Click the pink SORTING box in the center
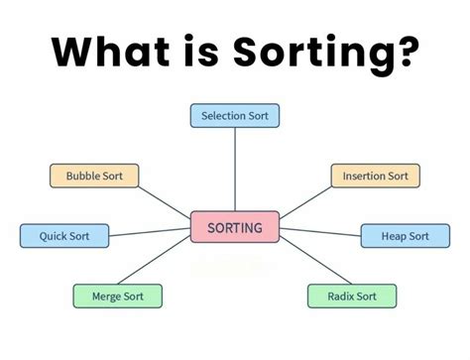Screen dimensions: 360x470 (x=235, y=228)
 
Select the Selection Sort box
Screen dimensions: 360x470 (x=235, y=116)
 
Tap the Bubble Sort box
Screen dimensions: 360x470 (x=94, y=177)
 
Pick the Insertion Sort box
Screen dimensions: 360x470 (x=375, y=177)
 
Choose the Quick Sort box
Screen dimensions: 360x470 (x=65, y=236)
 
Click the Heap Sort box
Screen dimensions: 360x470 (x=405, y=236)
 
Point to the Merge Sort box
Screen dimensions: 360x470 (x=117, y=296)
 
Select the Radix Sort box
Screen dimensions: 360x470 (x=352, y=296)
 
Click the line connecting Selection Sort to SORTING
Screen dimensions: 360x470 (x=235, y=169)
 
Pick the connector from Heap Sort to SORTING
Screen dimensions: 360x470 (x=319, y=233)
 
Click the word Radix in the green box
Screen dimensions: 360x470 (x=339, y=296)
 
